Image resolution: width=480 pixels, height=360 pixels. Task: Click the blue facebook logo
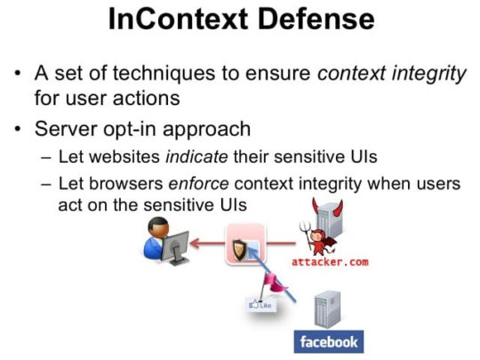pyautogui.click(x=329, y=342)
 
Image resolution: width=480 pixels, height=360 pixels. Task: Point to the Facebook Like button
pyautogui.click(x=260, y=305)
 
